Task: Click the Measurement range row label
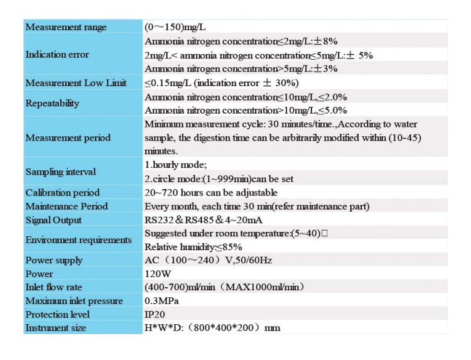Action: [66, 27]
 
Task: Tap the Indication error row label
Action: [57, 55]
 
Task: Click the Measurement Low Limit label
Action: [76, 83]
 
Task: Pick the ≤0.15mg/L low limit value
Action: [222, 83]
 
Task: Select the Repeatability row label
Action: [53, 104]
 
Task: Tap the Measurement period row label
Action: [68, 138]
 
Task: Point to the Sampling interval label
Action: [61, 172]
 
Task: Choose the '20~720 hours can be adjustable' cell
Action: [211, 192]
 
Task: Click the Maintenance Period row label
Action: [67, 206]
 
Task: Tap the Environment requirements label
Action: [78, 240]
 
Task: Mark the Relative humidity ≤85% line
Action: [193, 247]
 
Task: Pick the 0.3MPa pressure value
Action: [161, 301]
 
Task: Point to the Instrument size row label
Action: [56, 328]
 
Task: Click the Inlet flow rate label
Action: [53, 287]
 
